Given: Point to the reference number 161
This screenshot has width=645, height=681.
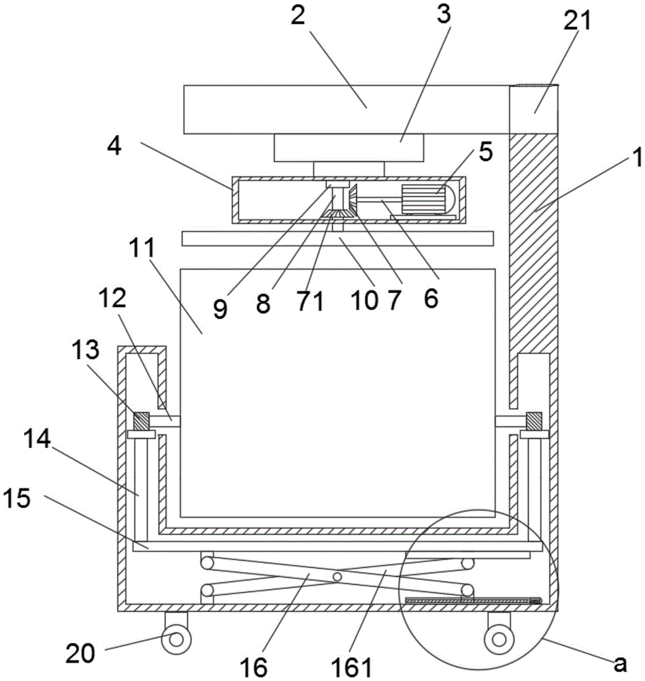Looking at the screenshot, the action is (352, 667).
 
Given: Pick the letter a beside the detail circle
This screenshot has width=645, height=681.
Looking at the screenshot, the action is (621, 663).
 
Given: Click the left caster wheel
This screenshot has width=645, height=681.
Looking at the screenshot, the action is (176, 639).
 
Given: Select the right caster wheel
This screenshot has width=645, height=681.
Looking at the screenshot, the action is (499, 639).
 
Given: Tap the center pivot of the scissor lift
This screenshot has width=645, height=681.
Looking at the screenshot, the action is (337, 576).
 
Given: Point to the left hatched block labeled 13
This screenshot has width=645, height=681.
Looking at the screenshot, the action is (141, 420).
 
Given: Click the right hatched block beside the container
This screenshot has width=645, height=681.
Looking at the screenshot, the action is (534, 420).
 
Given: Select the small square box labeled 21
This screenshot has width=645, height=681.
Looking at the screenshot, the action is (533, 109).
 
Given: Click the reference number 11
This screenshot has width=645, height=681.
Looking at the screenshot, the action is (142, 249).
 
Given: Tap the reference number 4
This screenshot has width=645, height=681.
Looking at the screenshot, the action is (114, 148).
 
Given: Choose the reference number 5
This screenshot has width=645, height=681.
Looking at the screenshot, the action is (486, 152).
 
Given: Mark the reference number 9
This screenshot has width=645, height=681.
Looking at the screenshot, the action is (220, 309).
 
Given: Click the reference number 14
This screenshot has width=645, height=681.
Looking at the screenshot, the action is (37, 439).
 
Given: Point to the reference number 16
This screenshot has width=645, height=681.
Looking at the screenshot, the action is (254, 667).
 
